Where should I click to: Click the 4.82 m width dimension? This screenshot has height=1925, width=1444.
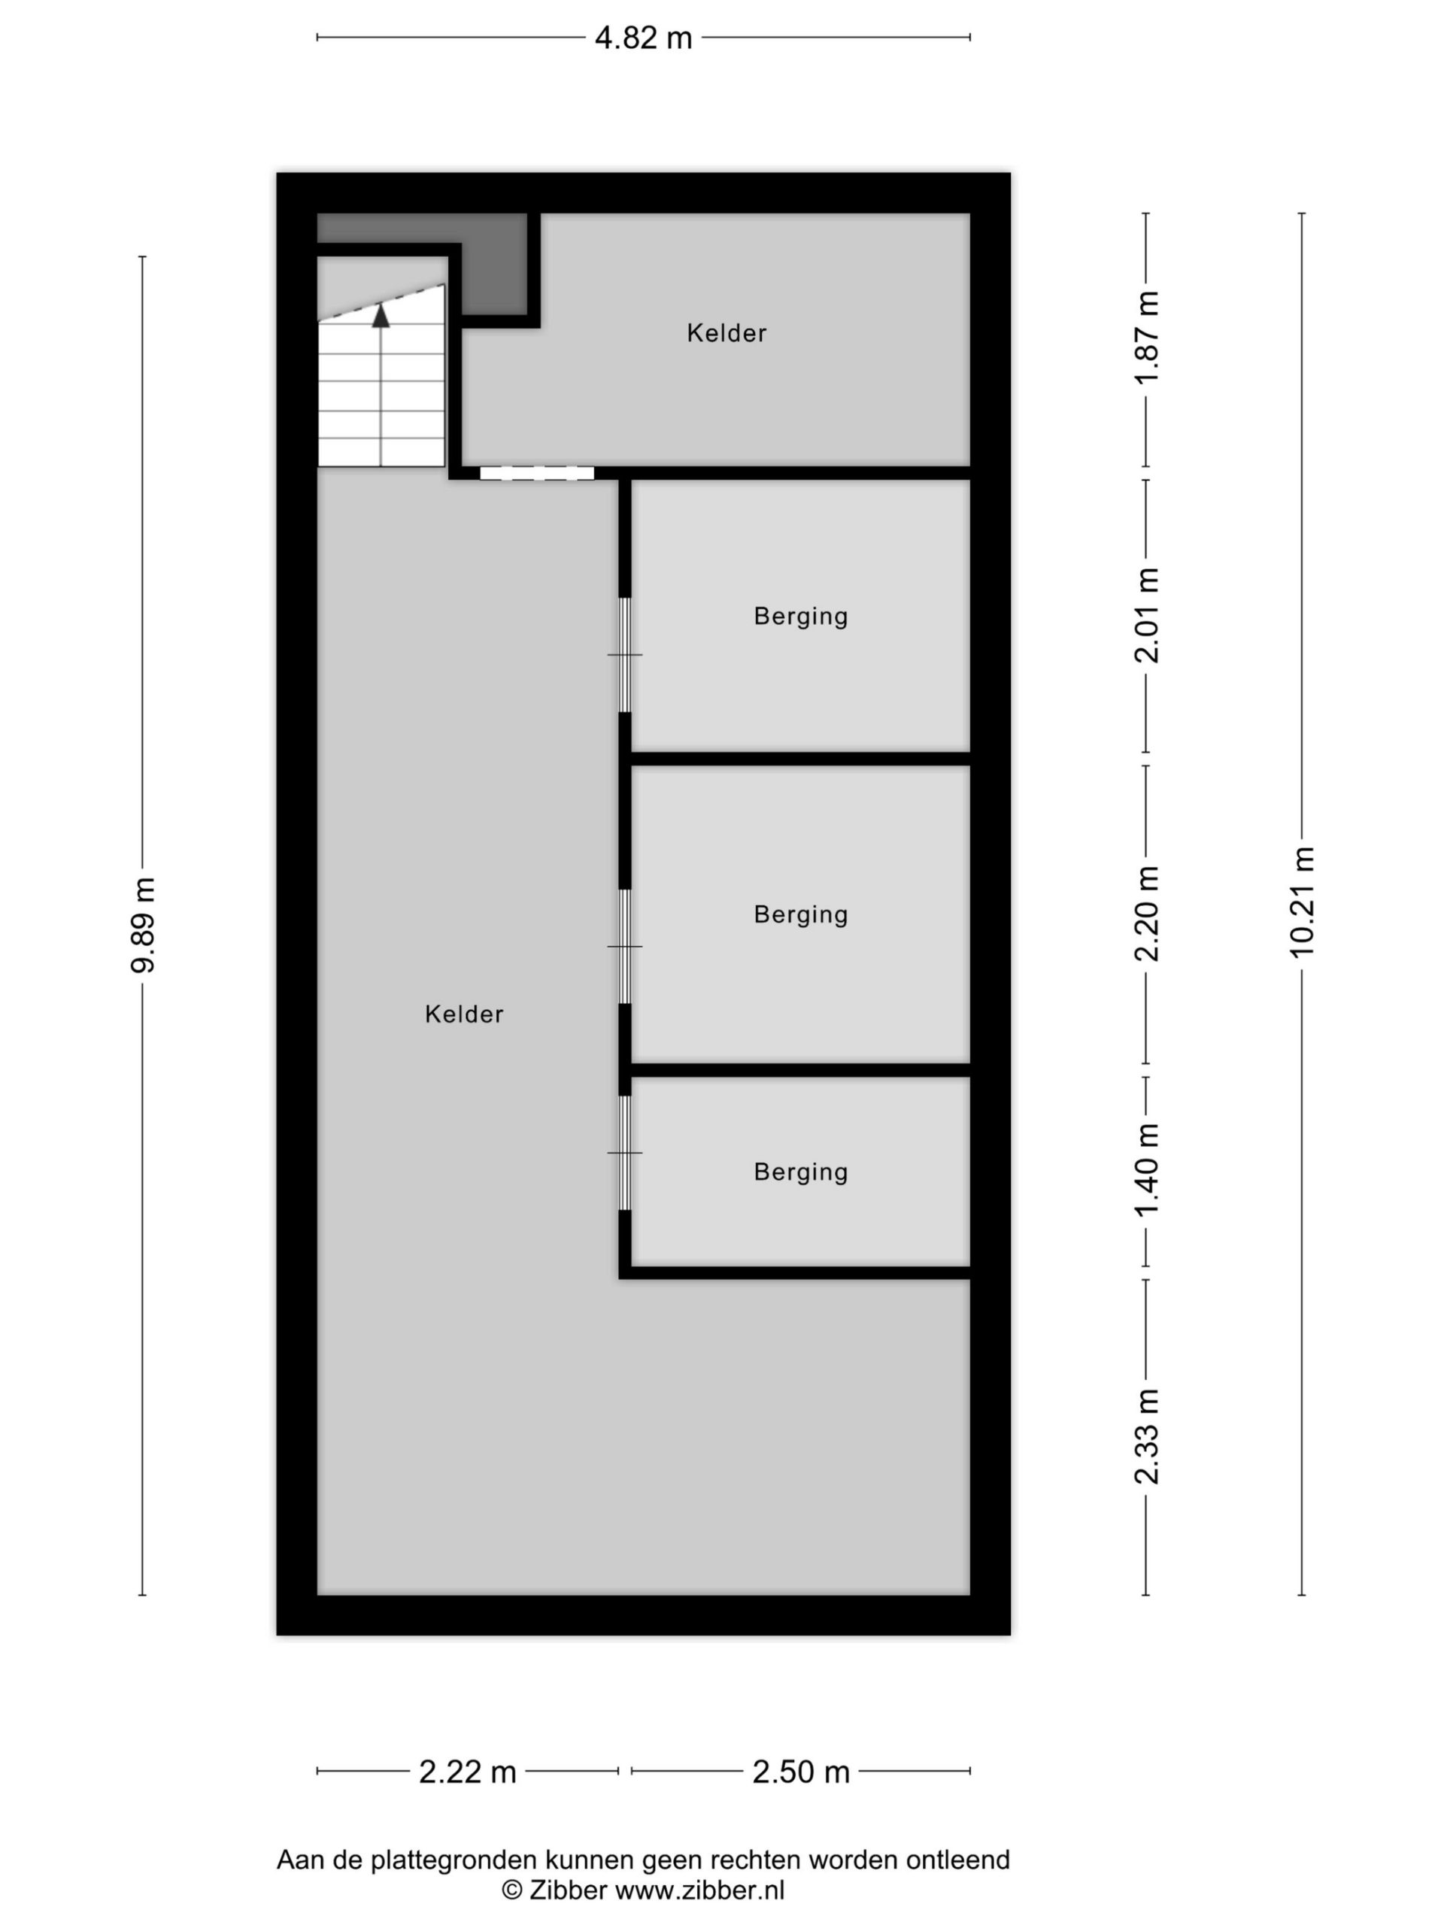643,38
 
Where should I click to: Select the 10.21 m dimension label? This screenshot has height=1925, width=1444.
1301,902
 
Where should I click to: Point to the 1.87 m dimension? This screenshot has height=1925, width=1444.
1147,337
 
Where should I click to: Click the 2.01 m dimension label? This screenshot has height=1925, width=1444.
1147,615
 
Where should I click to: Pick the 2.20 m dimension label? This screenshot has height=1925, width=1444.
1147,913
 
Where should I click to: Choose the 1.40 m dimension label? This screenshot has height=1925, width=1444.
1147,1171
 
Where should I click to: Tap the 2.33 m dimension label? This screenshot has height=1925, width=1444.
1147,1436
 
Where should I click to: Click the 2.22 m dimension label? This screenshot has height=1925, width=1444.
467,1771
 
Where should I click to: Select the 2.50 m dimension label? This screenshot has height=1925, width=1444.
801,1771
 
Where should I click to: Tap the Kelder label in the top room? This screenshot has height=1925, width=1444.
727,333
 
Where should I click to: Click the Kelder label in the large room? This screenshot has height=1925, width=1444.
464,1014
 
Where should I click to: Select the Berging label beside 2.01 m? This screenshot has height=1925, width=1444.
801,616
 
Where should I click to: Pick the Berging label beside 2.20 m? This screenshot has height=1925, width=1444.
801,914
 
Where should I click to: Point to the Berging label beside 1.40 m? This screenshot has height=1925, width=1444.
801,1172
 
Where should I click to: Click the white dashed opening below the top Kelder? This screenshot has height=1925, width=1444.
537,474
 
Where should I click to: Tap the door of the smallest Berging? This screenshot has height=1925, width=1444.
625,1152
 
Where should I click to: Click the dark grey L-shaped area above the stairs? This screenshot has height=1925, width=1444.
487,253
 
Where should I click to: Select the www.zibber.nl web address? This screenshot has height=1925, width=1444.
699,1890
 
